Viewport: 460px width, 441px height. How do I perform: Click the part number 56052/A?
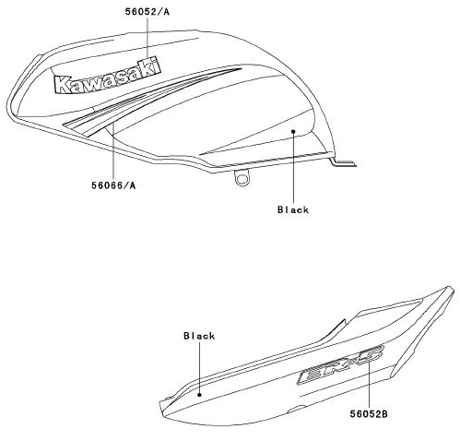(147, 12)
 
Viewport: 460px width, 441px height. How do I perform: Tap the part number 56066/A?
(113, 185)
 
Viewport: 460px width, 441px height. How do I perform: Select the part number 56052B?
(369, 414)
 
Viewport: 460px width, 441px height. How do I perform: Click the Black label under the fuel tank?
(293, 209)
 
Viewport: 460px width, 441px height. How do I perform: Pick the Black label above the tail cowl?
(199, 336)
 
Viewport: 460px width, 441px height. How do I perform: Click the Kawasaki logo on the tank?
(108, 76)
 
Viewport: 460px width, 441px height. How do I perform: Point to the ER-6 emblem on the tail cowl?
(340, 364)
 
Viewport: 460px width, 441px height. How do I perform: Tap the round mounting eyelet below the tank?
(242, 178)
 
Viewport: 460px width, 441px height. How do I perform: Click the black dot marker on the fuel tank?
(293, 131)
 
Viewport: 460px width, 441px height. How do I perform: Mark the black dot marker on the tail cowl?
(199, 395)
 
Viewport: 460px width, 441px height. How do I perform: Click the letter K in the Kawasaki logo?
(63, 85)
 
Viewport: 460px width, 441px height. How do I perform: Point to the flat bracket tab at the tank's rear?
(343, 162)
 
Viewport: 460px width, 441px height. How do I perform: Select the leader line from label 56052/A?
(147, 38)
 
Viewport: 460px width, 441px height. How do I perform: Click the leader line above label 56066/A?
(113, 150)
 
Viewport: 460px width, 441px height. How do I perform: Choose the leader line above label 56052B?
(369, 385)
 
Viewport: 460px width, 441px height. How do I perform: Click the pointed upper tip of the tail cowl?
(451, 288)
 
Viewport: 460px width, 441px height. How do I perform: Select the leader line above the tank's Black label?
(293, 168)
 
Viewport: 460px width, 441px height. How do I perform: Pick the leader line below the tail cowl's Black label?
(199, 367)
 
